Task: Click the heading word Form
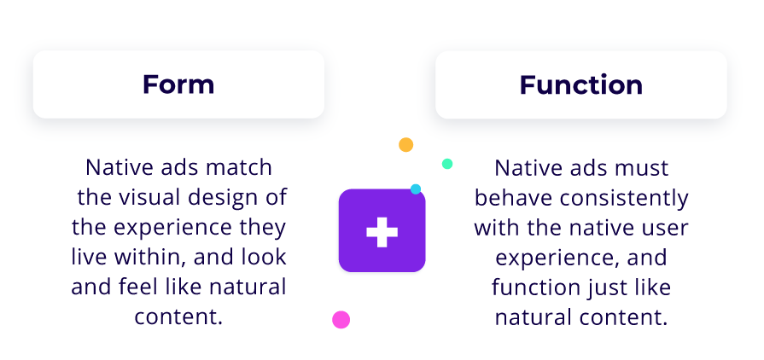tap(178, 84)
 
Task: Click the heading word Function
tap(580, 84)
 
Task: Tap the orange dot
tap(405, 145)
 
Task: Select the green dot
tap(446, 164)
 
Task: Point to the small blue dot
tap(416, 189)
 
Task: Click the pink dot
tap(341, 320)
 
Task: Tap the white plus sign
tap(382, 232)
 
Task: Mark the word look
tap(265, 258)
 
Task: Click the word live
tap(86, 258)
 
